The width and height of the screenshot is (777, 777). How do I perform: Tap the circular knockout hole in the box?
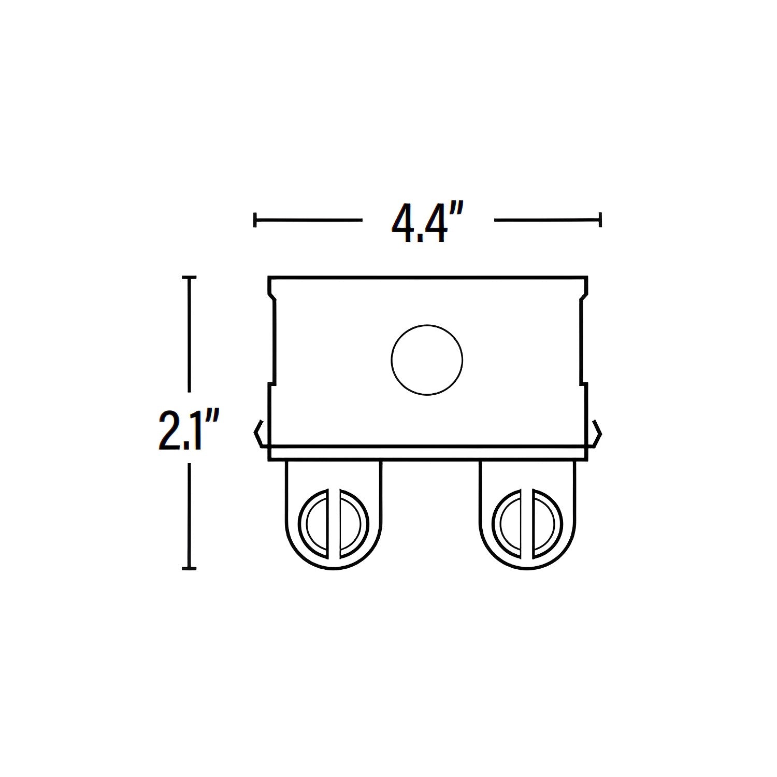click(x=427, y=361)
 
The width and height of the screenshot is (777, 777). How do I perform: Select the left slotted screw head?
click(x=334, y=524)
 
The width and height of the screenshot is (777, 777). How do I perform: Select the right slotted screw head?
click(x=528, y=524)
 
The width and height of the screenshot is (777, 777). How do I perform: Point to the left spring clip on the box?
click(x=261, y=433)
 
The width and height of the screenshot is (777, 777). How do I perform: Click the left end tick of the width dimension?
click(x=255, y=220)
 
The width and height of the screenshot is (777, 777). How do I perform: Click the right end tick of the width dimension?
click(x=600, y=220)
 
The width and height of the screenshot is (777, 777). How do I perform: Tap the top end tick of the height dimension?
click(x=190, y=278)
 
